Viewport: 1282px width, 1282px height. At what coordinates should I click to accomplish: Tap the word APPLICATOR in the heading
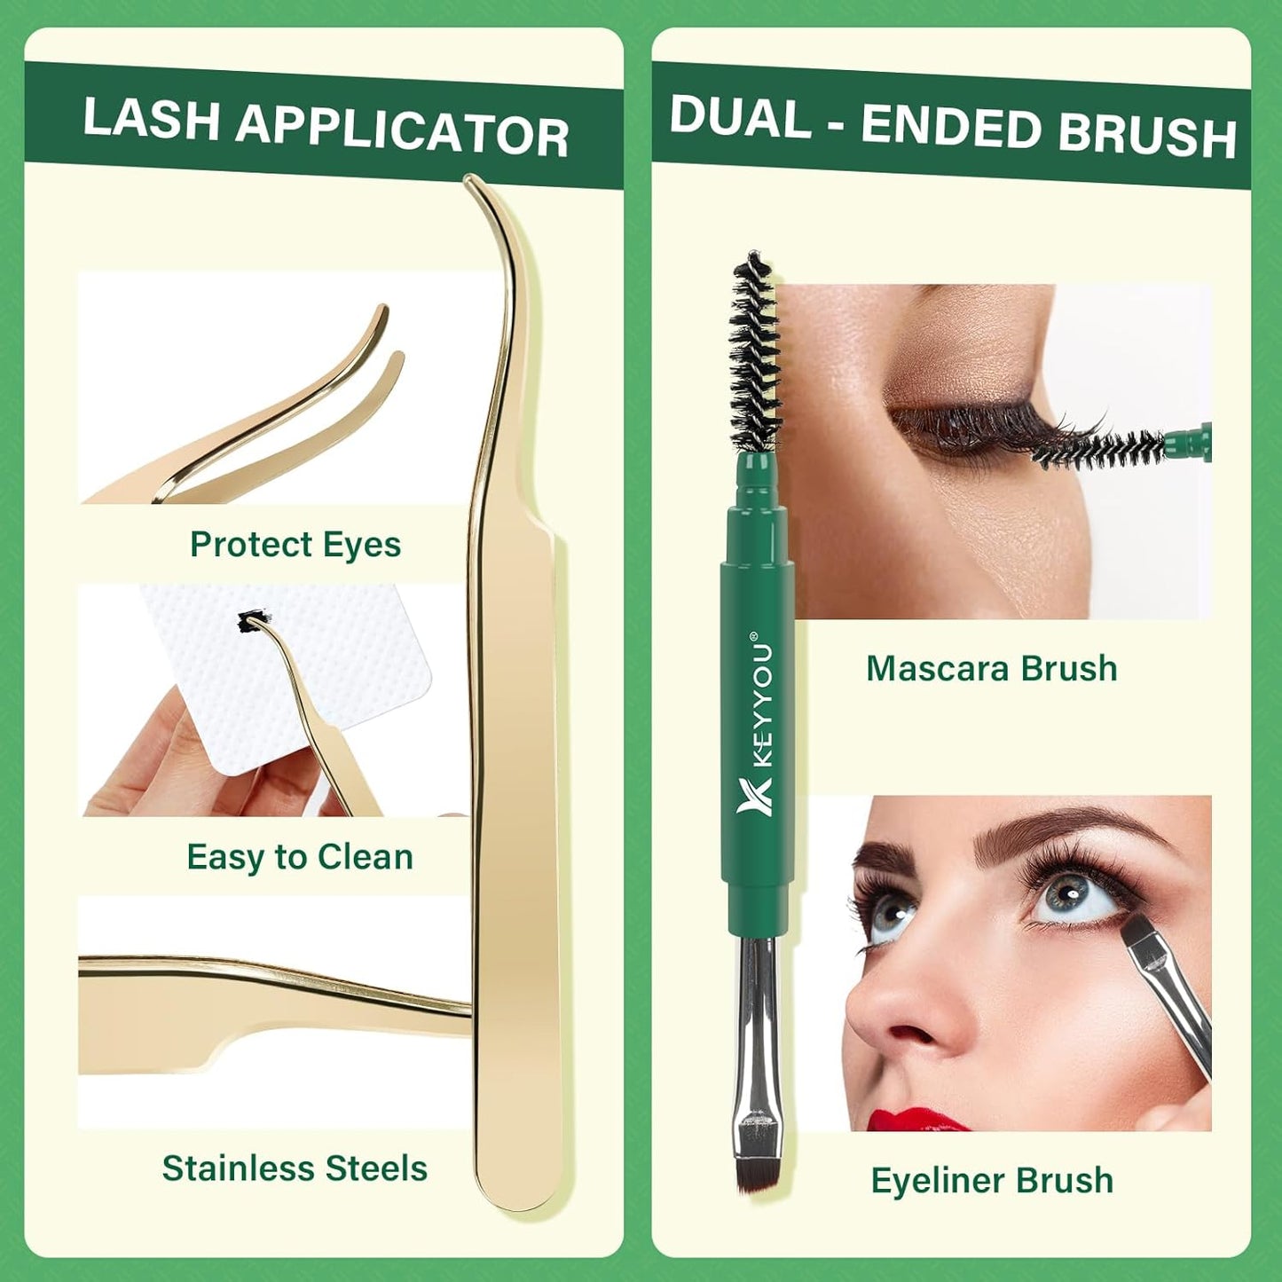click(402, 133)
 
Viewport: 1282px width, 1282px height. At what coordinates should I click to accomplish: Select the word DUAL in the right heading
click(740, 117)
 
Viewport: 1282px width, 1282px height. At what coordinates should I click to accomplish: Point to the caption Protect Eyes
click(295, 545)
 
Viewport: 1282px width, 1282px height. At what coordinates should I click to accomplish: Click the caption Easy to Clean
click(300, 857)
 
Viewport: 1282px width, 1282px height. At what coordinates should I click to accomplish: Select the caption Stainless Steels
click(295, 1168)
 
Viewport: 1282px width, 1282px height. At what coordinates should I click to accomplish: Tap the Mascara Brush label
click(991, 669)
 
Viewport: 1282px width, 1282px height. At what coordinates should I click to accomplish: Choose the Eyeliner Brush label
click(992, 1181)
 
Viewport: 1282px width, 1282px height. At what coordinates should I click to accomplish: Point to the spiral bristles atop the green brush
click(755, 355)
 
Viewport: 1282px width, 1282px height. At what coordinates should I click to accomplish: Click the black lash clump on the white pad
click(252, 622)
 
